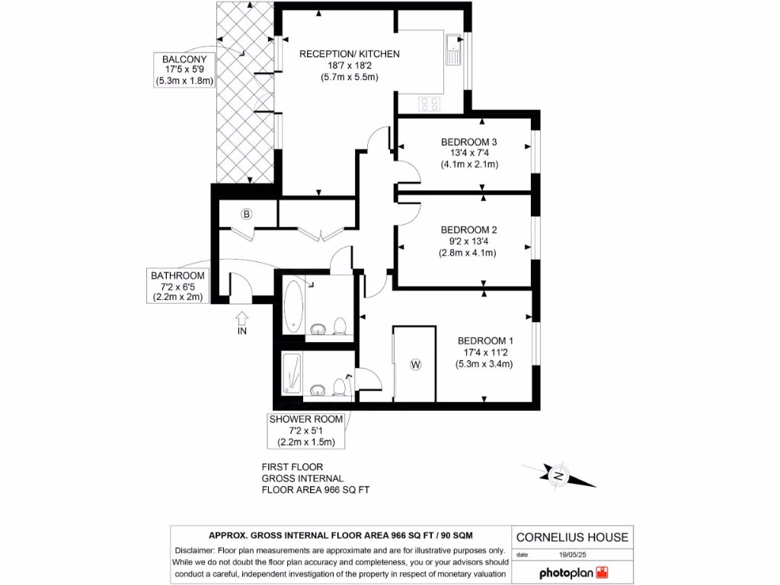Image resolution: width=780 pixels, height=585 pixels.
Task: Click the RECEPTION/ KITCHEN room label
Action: click(349, 54)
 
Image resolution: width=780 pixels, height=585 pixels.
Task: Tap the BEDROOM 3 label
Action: click(469, 142)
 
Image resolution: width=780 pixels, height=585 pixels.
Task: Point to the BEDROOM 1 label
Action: click(485, 341)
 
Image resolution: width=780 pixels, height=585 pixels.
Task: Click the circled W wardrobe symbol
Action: click(415, 365)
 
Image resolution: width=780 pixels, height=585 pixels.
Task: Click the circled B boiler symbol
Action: click(246, 214)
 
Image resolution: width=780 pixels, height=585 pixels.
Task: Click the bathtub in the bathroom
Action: click(294, 306)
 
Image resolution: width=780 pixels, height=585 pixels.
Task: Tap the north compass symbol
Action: click(558, 476)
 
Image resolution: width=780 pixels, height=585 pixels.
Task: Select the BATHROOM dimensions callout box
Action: click(177, 286)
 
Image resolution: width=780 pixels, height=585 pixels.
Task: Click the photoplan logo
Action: click(575, 572)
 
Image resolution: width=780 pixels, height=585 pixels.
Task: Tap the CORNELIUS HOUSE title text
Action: click(573, 537)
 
